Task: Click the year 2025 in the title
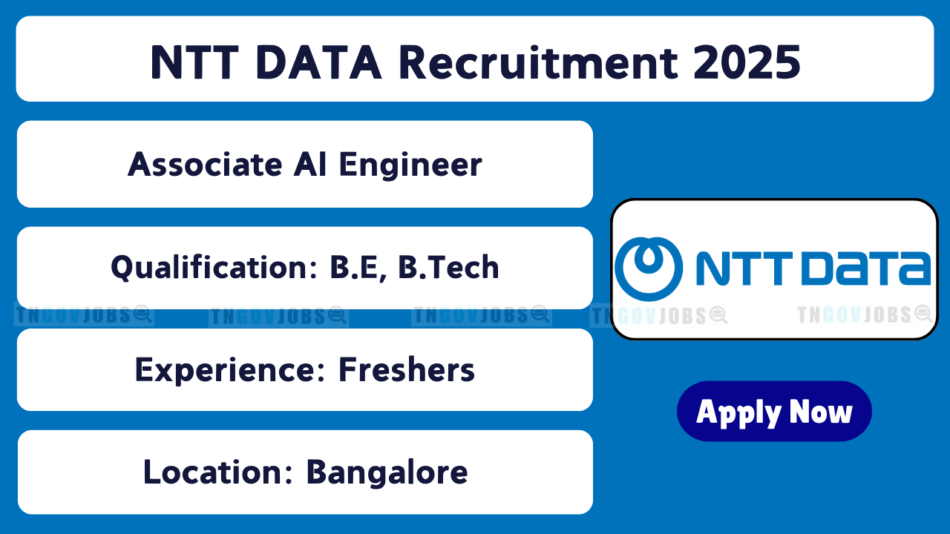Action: [x=747, y=63]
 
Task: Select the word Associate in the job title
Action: [x=205, y=165]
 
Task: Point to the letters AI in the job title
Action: [x=310, y=165]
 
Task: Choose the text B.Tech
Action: [x=448, y=268]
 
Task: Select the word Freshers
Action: [x=407, y=369]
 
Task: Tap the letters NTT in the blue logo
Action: [x=744, y=268]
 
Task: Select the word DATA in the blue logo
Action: [x=865, y=268]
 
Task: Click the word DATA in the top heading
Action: [x=319, y=63]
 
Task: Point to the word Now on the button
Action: [x=821, y=412]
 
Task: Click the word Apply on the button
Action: [x=739, y=414]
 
